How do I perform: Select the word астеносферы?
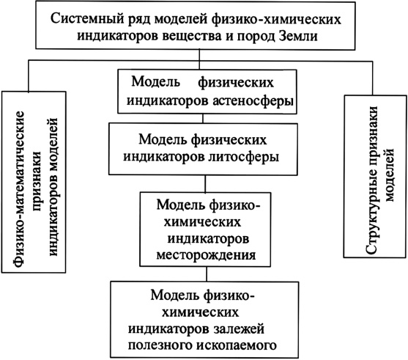pyautogui.click(x=253, y=100)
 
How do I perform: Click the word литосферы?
pyautogui.click(x=243, y=157)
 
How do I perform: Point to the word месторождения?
pyautogui.click(x=206, y=254)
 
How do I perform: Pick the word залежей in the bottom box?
pyautogui.click(x=239, y=328)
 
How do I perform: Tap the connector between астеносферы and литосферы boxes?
pyautogui.click(x=203, y=119)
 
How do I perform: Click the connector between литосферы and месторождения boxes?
pyautogui.click(x=205, y=183)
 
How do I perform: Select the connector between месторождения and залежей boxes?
pyautogui.click(x=207, y=273)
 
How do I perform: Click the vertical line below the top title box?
pyautogui.click(x=199, y=59)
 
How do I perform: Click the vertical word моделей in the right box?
pyautogui.click(x=390, y=175)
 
